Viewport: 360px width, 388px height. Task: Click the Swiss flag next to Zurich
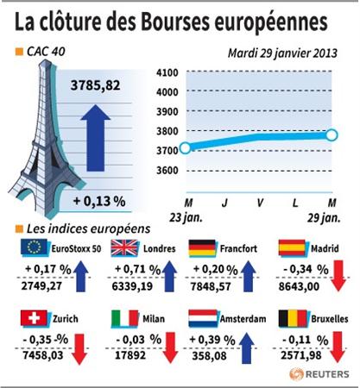pos(35,318)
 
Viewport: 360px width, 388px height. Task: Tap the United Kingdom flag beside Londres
pos(124,247)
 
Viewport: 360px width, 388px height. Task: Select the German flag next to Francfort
pos(202,247)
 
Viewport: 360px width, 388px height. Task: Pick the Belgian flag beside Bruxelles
pos(293,318)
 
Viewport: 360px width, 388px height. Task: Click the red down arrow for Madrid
pos(338,276)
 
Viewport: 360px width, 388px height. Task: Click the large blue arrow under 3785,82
pos(96,138)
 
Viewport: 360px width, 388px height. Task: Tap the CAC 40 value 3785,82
pos(96,85)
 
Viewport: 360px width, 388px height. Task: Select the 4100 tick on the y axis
pos(167,72)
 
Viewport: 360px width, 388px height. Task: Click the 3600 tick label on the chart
pos(167,171)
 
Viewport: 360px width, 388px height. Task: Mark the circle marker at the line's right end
pos(332,135)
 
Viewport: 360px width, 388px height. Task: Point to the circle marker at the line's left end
pos(186,148)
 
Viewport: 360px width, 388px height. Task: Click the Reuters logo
pos(319,374)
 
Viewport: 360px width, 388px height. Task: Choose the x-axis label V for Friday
pos(260,203)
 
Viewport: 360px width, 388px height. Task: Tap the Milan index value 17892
pos(130,355)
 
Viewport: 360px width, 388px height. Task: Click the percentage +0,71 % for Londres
pos(137,269)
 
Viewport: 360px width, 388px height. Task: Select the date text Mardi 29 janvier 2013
pos(282,53)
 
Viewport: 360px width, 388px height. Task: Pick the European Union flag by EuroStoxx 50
pos(35,247)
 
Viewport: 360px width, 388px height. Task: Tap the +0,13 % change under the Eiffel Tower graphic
pos(99,201)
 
